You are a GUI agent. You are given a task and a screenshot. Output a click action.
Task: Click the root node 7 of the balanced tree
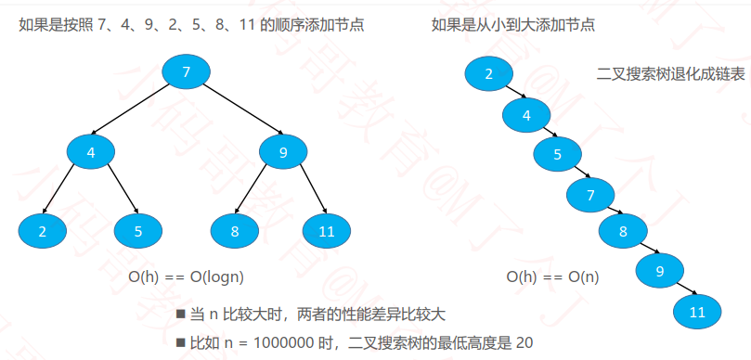187,71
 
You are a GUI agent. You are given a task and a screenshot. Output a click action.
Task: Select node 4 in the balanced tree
91,152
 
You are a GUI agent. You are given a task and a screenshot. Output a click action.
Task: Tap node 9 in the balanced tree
283,152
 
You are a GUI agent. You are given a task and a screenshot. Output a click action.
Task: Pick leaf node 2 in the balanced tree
43,231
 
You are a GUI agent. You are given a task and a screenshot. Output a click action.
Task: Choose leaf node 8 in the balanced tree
235,231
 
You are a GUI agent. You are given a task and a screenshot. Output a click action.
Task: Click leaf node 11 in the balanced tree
327,231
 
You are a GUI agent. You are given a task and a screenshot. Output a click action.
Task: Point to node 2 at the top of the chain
488,73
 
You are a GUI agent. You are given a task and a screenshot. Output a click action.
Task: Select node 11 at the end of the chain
697,312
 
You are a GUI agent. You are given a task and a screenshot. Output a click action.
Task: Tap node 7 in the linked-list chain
590,194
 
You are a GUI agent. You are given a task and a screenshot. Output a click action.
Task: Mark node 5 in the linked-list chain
558,154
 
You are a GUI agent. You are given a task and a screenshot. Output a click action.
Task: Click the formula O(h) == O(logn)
186,277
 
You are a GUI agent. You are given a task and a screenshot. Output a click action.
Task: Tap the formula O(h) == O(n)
552,277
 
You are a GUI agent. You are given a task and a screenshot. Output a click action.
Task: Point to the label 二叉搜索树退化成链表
670,74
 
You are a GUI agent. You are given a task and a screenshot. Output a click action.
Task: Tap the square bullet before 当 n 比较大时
181,315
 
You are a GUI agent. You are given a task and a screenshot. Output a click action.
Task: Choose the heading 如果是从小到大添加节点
513,24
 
